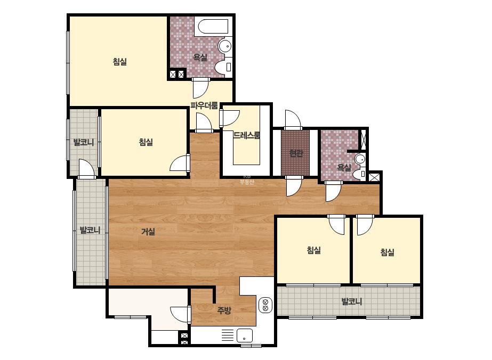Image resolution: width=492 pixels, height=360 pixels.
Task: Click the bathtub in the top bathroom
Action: pyautogui.click(x=213, y=27)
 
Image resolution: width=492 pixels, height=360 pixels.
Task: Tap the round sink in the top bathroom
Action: pyautogui.click(x=224, y=46)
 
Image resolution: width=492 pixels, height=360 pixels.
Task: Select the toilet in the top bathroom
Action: pyautogui.click(x=224, y=67)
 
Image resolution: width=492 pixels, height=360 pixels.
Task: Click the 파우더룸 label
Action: pyautogui.click(x=204, y=105)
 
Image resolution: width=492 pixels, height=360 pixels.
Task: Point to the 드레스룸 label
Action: pyautogui.click(x=247, y=135)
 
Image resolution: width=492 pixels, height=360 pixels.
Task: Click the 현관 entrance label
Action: pyautogui.click(x=295, y=153)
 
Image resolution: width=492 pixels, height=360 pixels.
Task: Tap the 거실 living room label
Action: pyautogui.click(x=148, y=232)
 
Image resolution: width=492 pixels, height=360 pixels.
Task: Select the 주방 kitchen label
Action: pyautogui.click(x=224, y=310)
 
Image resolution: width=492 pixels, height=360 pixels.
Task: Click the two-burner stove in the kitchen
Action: pyautogui.click(x=265, y=305)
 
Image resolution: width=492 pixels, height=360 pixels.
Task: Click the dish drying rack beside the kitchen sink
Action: pyautogui.click(x=228, y=336)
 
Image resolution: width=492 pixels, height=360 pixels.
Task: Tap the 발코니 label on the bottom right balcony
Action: pyautogui.click(x=351, y=301)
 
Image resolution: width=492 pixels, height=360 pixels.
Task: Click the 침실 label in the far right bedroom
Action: pyautogui.click(x=387, y=252)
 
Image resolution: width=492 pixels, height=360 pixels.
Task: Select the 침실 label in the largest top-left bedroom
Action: pyautogui.click(x=119, y=61)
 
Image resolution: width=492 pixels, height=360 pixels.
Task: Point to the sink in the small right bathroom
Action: pyautogui.click(x=360, y=159)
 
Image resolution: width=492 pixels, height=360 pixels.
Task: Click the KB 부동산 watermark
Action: pyautogui.click(x=247, y=179)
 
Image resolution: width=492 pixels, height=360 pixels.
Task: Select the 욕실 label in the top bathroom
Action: pyautogui.click(x=200, y=58)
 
